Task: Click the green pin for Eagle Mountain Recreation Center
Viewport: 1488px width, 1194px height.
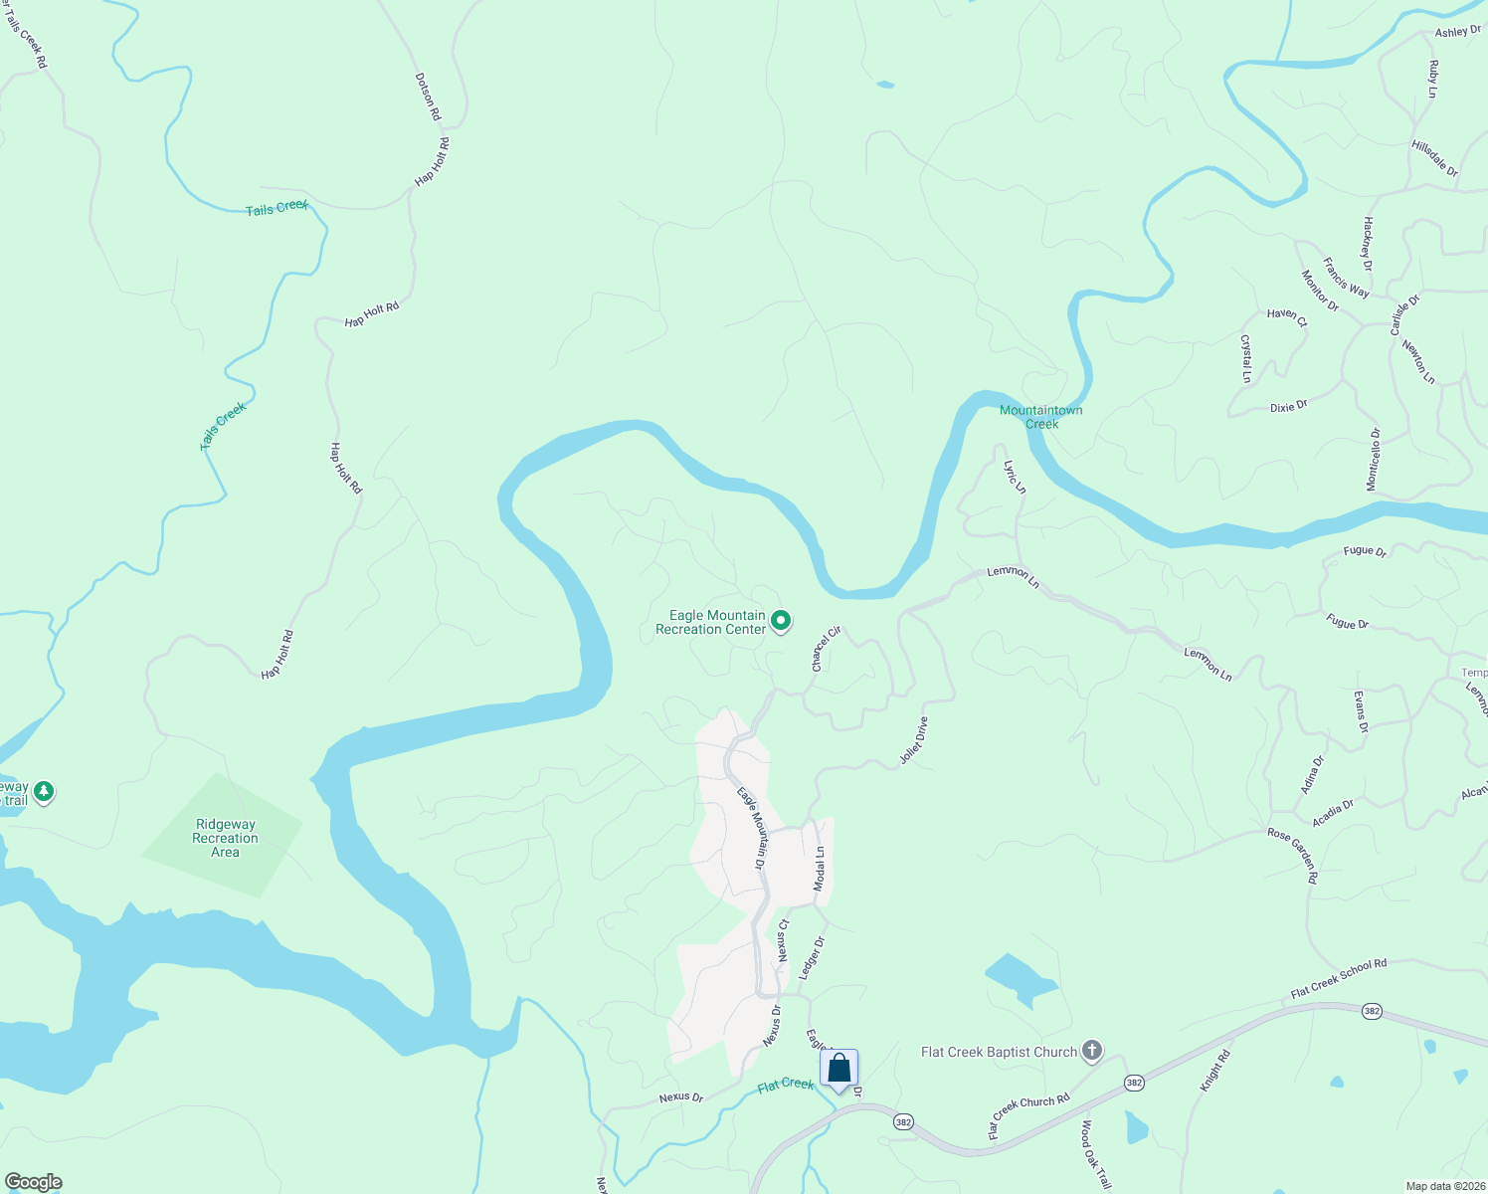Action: [781, 622]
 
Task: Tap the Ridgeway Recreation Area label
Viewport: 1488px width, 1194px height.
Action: [226, 838]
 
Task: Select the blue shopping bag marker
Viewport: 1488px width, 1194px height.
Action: [839, 1069]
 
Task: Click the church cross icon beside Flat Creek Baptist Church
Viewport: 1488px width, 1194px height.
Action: [1092, 1051]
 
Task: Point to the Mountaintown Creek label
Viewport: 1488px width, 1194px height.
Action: [1041, 417]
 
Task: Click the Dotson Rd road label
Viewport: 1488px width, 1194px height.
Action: [428, 97]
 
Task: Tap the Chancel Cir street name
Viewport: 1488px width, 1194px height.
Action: [827, 649]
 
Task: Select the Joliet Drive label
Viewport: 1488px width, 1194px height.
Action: [913, 740]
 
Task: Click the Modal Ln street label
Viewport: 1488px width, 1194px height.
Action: [820, 869]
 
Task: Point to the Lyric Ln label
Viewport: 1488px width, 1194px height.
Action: [1015, 477]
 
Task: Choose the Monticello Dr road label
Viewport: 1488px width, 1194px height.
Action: [1374, 459]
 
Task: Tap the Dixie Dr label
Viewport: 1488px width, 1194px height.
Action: [1288, 407]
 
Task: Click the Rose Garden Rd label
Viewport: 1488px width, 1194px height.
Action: [1293, 856]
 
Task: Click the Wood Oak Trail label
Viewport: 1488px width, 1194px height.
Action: [1095, 1154]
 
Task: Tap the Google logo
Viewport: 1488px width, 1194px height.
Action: [34, 1182]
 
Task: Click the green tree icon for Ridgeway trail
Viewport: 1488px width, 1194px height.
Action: [43, 792]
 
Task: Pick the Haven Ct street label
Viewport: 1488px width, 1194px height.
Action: [1286, 315]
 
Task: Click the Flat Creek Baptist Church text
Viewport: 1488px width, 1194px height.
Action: [999, 1052]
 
